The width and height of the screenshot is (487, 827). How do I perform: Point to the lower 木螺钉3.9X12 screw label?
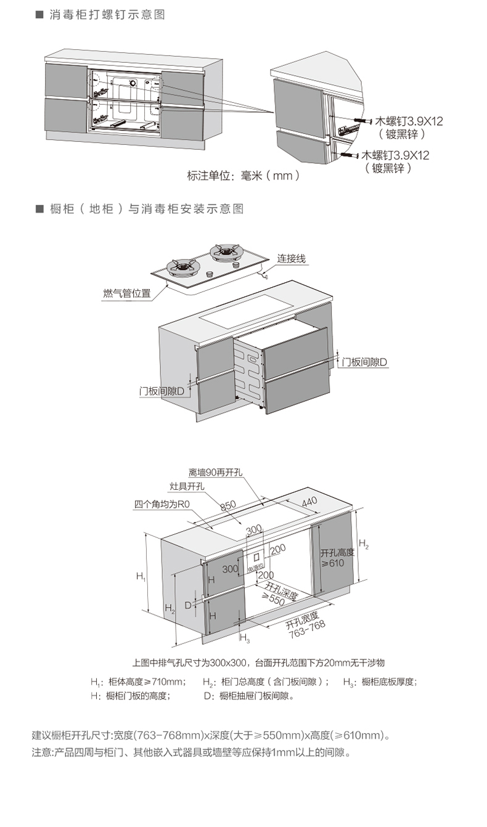[395, 155]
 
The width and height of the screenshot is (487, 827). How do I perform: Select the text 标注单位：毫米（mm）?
[243, 176]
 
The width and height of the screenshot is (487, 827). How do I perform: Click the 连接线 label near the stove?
[291, 259]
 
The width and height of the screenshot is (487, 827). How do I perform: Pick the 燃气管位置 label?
[126, 293]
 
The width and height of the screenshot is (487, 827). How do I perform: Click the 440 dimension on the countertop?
[309, 501]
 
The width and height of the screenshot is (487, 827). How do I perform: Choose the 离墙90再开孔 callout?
[216, 473]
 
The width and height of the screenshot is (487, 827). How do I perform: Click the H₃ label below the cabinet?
[243, 637]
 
